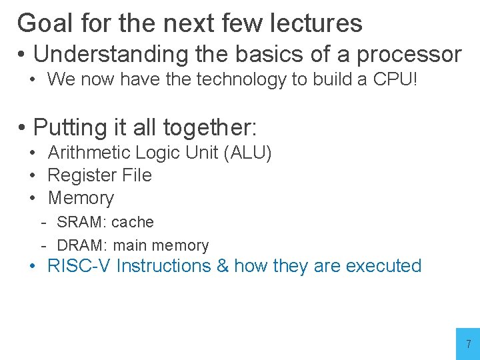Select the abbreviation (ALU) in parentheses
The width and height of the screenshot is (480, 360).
click(x=248, y=153)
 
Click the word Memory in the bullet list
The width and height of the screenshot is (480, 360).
click(x=81, y=198)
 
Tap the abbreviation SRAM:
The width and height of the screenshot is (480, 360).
click(x=81, y=222)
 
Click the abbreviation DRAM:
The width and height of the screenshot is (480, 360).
click(x=81, y=245)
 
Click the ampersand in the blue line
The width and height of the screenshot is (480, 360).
click(x=223, y=266)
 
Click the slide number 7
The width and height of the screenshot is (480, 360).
click(x=468, y=345)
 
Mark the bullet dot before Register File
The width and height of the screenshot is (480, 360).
click(x=32, y=175)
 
